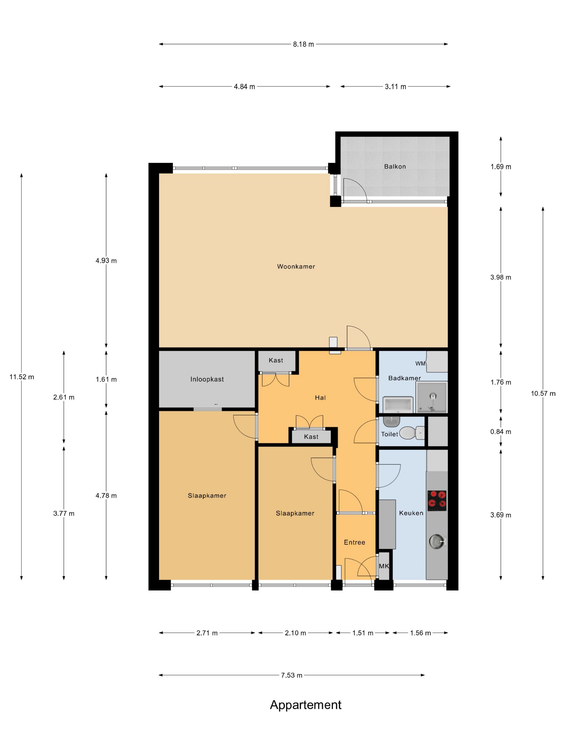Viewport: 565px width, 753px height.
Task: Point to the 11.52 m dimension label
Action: coord(22,377)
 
